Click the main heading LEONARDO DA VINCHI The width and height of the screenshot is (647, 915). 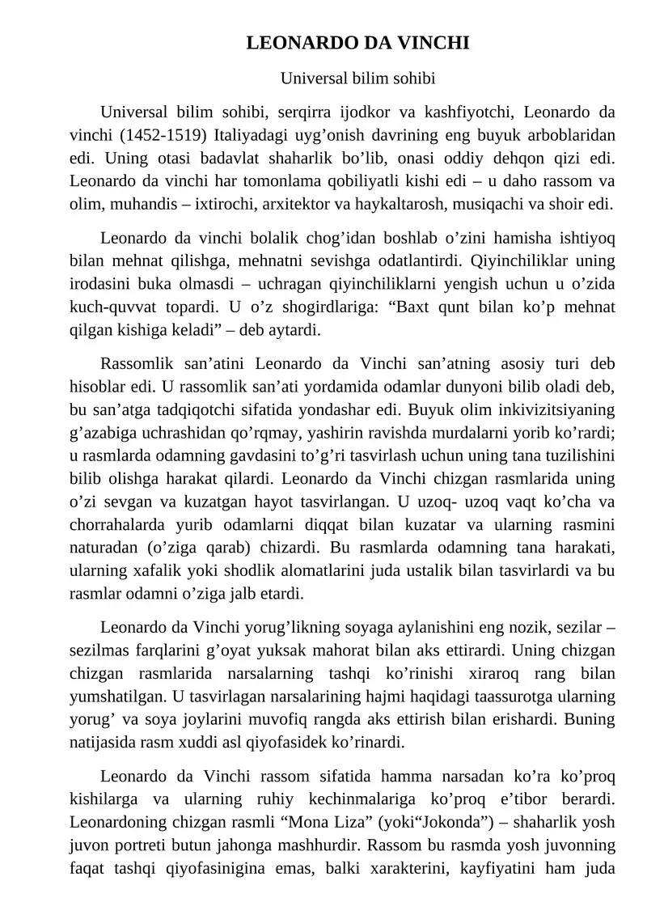tap(357, 43)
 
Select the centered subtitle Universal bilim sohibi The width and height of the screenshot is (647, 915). tap(357, 78)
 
